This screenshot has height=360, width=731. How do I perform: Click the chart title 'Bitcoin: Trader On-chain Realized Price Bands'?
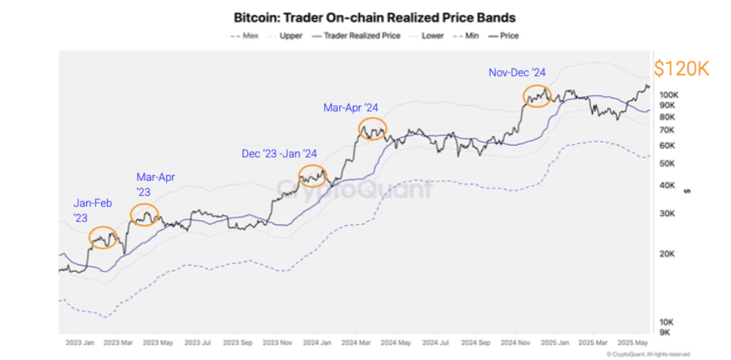click(x=374, y=16)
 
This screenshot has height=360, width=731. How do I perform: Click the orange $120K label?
click(x=682, y=69)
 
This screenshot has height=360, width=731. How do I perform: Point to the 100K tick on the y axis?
click(x=669, y=95)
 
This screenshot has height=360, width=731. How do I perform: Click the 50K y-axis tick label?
click(x=666, y=164)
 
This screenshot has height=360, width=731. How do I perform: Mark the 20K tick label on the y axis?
click(x=666, y=254)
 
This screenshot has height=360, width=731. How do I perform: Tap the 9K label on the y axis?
click(x=664, y=332)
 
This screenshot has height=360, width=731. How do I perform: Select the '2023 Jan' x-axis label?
click(x=80, y=342)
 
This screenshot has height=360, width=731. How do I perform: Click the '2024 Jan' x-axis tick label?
click(x=316, y=342)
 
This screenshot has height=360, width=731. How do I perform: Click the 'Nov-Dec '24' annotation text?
click(x=517, y=72)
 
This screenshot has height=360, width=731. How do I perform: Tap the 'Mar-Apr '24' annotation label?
click(x=351, y=108)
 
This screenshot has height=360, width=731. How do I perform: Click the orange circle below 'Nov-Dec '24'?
click(x=537, y=95)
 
